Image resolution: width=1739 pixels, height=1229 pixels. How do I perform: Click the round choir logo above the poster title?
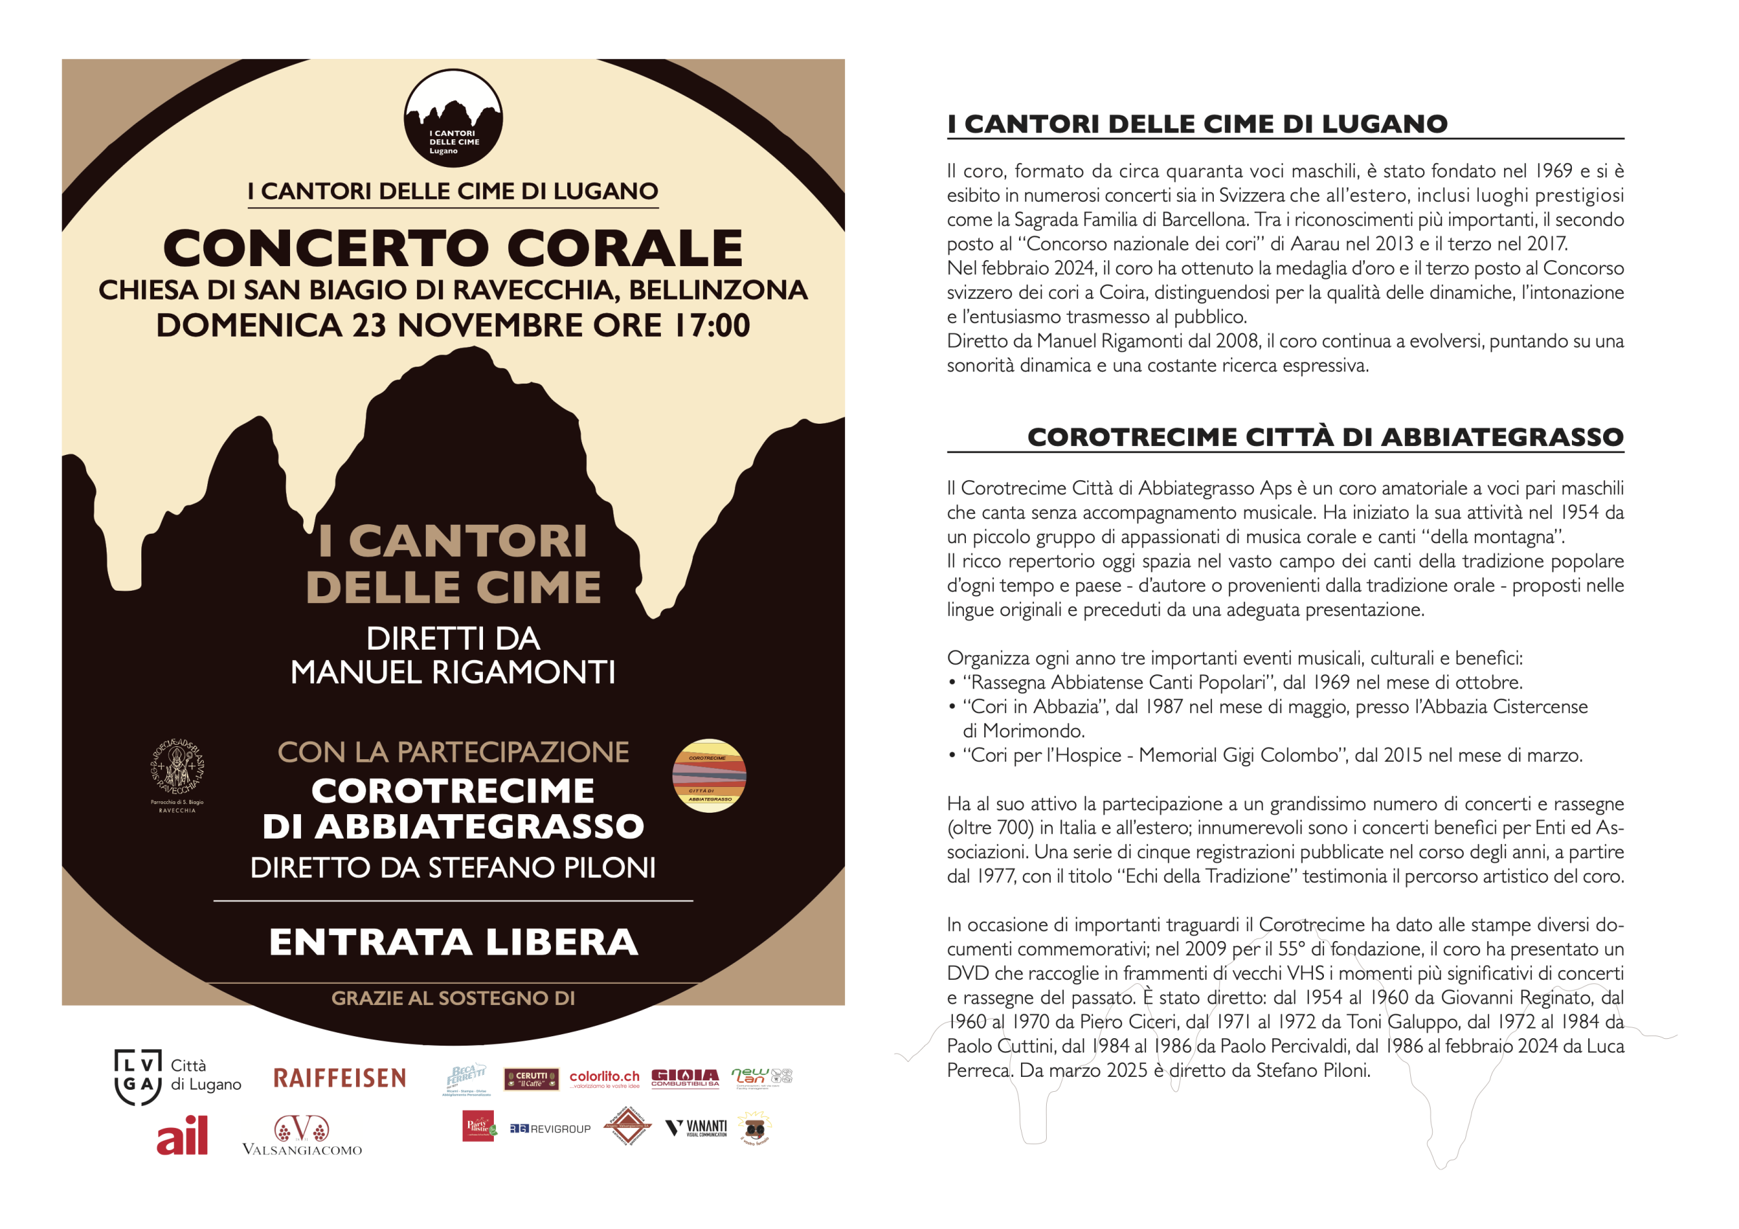tap(453, 118)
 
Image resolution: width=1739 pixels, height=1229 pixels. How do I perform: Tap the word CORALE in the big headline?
tap(625, 249)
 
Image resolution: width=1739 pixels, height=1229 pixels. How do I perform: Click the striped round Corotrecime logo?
tap(709, 775)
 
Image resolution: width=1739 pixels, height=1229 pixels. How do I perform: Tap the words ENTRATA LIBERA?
tap(453, 942)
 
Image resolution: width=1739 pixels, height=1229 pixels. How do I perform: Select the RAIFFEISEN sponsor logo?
tap(340, 1078)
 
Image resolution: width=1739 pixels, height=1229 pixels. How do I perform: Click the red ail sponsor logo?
tap(183, 1136)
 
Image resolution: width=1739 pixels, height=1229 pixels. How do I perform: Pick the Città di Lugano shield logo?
tap(138, 1077)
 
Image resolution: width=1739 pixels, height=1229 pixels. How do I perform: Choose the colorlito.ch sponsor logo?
tap(605, 1078)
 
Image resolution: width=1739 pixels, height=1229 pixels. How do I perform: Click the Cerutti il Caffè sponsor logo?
tap(532, 1078)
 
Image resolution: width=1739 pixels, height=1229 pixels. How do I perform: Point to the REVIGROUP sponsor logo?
tap(551, 1129)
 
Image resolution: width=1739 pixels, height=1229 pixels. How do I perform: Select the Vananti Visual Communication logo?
tap(696, 1129)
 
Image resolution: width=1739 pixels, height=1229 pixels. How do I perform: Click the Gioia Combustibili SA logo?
tap(685, 1078)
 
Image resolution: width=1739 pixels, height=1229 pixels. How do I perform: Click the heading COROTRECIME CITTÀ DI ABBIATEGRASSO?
tap(1325, 437)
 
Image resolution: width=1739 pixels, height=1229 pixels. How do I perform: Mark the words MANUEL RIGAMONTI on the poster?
tap(453, 672)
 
